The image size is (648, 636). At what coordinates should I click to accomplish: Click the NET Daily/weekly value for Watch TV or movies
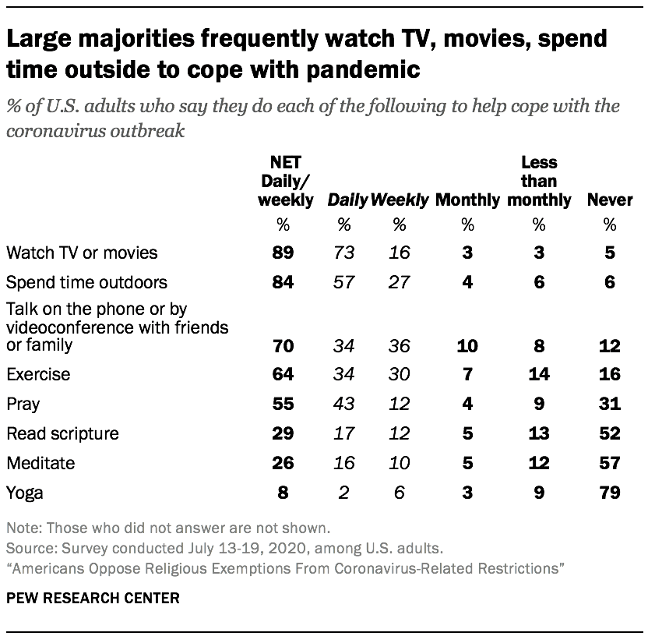tap(283, 253)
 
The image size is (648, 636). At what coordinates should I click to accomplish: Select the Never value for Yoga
tap(609, 493)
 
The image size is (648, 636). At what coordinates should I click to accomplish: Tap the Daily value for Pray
tap(343, 404)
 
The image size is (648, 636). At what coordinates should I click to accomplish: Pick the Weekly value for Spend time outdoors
tap(399, 282)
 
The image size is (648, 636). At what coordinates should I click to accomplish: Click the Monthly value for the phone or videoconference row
tap(467, 344)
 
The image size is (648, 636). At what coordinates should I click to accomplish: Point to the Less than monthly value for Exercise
tap(538, 374)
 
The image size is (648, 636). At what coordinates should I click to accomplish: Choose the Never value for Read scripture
tap(609, 433)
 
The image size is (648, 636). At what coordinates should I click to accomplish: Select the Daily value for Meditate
tap(343, 463)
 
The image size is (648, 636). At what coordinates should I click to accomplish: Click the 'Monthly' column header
tap(467, 200)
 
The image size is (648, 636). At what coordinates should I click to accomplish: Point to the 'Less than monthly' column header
tap(538, 182)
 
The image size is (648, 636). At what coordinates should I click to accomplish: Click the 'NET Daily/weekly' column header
tap(285, 182)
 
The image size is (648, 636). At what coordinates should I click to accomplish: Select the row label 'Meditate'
tap(40, 463)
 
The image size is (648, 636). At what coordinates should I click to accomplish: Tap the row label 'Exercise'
tap(37, 374)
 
